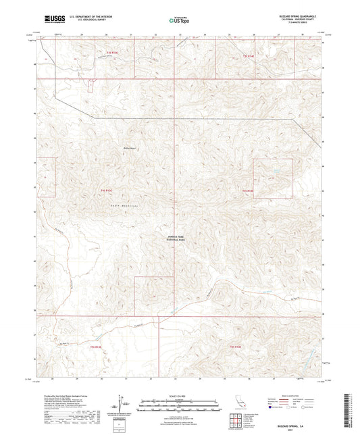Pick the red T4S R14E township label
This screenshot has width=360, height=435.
[249, 192]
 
